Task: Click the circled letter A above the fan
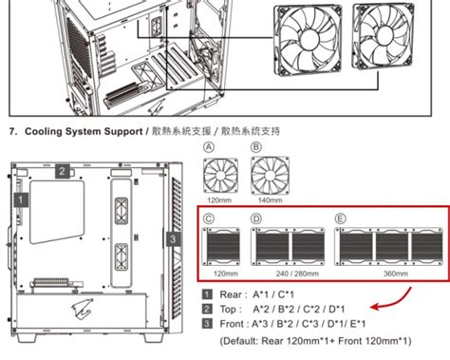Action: pyautogui.click(x=208, y=147)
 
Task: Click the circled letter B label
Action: pyautogui.click(x=255, y=147)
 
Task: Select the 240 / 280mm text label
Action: pyautogui.click(x=292, y=272)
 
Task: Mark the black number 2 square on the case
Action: pyautogui.click(x=61, y=171)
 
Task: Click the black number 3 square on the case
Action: pyautogui.click(x=172, y=238)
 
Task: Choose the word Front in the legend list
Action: pyautogui.click(x=234, y=324)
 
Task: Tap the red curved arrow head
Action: pyautogui.click(x=373, y=309)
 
